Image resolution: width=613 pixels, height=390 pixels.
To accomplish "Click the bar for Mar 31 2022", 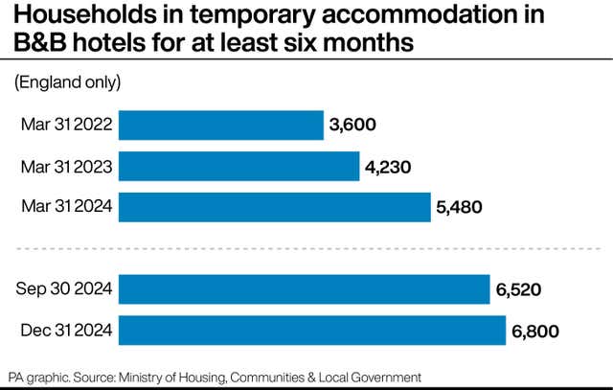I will [x=220, y=125].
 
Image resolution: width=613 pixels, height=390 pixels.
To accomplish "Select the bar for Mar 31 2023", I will [x=238, y=166].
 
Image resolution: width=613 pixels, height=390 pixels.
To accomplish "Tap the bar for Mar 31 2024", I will [x=275, y=207].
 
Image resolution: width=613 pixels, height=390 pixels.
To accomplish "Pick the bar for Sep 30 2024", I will [x=305, y=289].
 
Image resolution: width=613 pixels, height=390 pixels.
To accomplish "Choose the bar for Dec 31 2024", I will [x=311, y=331].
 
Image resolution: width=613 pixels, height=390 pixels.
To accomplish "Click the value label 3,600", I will [x=352, y=125].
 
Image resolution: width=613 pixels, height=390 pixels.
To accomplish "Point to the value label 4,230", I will [x=388, y=166].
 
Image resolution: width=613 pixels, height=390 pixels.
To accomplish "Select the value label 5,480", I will [x=460, y=207].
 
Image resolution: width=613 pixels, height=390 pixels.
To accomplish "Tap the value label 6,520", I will [x=519, y=289].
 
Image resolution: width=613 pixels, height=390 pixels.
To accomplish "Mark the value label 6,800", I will [x=534, y=331].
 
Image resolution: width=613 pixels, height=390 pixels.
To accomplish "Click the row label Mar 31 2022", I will [x=66, y=125].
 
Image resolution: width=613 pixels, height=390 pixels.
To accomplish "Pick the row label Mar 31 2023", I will [x=66, y=166].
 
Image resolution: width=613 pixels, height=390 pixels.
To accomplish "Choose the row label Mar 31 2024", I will [x=66, y=207].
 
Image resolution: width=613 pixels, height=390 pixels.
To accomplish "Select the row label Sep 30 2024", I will [x=65, y=289].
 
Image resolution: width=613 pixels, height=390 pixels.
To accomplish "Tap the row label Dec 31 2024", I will [x=66, y=331].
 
